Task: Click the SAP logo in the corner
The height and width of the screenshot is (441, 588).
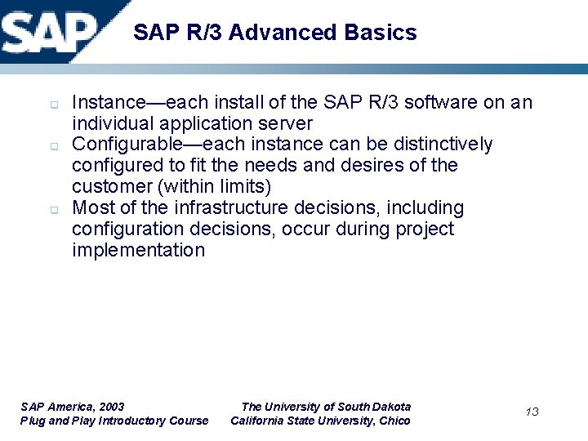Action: (x=49, y=31)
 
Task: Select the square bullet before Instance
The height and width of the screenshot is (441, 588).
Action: (x=51, y=105)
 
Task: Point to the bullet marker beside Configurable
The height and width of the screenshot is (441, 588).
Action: (x=51, y=146)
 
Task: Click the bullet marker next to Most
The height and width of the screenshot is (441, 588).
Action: (x=51, y=210)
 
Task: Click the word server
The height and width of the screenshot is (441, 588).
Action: (x=286, y=123)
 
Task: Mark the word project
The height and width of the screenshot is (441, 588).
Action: (x=425, y=229)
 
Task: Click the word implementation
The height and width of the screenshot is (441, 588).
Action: (x=139, y=251)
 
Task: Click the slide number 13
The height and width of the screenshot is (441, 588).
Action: (x=532, y=412)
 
